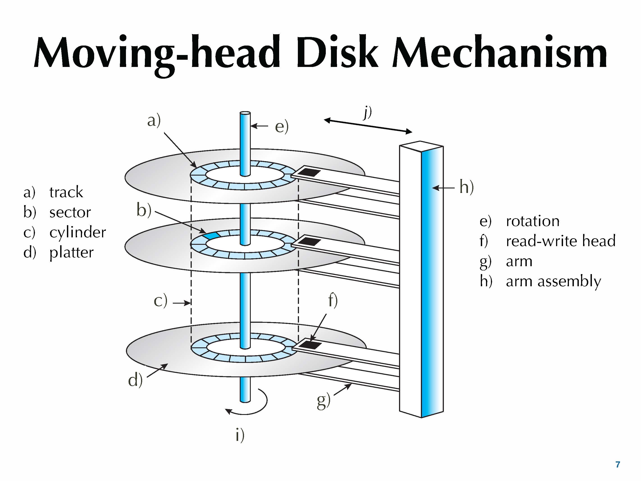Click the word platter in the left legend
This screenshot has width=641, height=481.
click(71, 252)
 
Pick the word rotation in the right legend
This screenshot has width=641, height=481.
click(533, 221)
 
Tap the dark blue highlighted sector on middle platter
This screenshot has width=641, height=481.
click(211, 235)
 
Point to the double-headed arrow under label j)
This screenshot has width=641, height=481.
click(368, 126)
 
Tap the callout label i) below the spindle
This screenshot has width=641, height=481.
click(240, 435)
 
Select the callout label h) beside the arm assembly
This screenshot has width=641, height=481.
click(467, 187)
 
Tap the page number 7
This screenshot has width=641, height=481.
click(618, 465)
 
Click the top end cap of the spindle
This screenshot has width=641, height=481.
click(245, 113)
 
